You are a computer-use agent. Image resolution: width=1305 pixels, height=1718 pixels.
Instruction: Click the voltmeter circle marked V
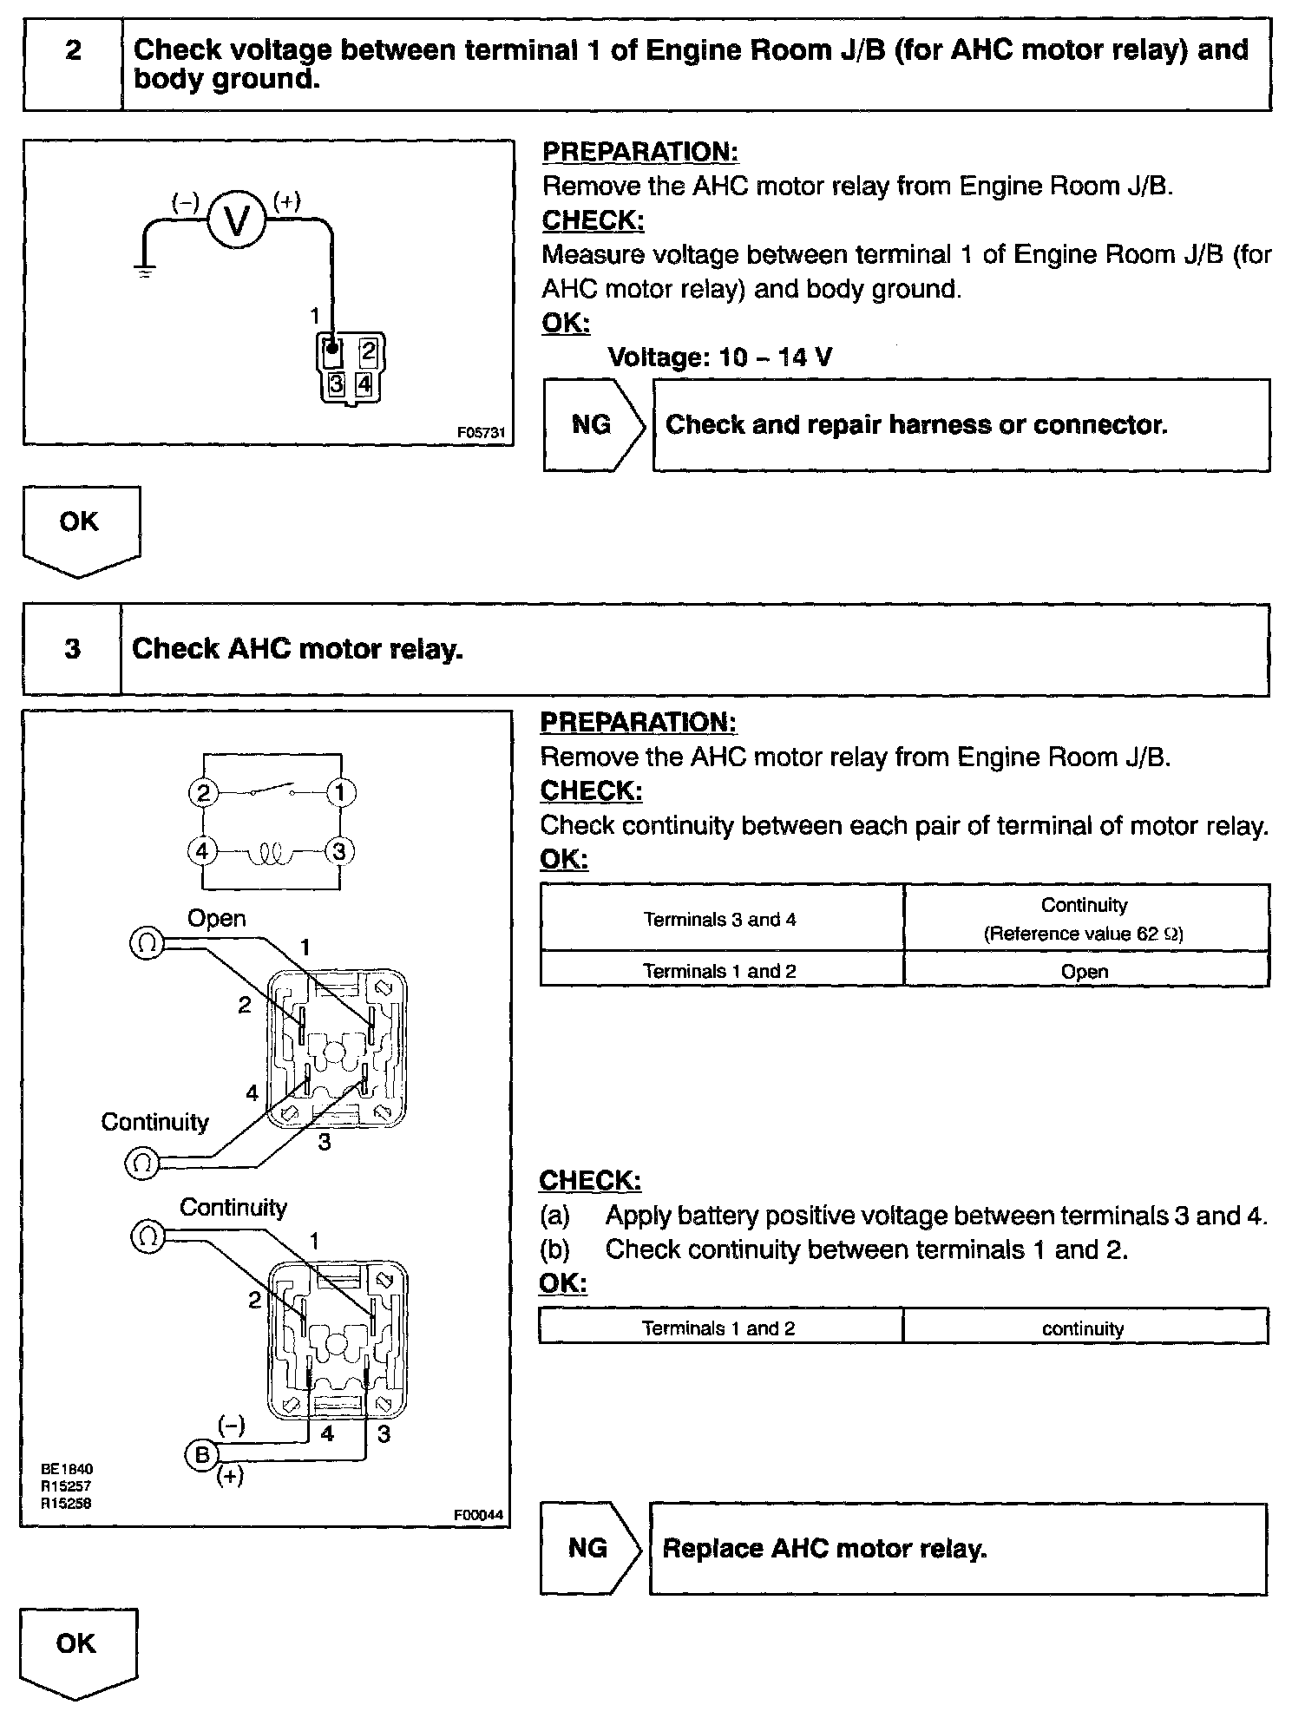(236, 221)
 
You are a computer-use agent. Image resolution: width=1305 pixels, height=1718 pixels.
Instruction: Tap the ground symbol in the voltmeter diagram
(145, 271)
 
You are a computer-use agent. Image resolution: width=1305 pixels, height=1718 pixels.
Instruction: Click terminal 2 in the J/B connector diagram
(368, 351)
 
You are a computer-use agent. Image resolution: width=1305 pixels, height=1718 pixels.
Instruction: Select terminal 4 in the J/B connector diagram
(364, 384)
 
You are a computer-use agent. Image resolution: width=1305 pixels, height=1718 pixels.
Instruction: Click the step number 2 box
(74, 64)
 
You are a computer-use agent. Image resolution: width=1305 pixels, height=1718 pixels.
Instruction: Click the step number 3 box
(73, 649)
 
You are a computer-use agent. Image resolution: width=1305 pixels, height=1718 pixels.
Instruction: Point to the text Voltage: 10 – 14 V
(719, 357)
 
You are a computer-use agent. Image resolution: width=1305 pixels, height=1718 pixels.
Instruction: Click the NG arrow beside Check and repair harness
(593, 425)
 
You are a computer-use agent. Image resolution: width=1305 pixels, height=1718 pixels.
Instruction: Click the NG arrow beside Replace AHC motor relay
(590, 1549)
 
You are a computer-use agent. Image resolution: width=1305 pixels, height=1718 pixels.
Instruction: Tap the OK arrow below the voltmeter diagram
(80, 528)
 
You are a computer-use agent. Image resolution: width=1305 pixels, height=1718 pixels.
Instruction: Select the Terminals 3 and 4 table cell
(720, 919)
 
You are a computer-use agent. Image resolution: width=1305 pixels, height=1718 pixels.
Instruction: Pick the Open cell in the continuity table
(1085, 971)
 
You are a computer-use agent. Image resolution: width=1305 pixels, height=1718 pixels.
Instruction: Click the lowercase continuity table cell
(1083, 1328)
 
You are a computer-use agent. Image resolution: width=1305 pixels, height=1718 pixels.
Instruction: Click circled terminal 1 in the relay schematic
(340, 792)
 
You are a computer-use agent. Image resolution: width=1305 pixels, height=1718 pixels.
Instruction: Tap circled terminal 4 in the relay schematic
(202, 851)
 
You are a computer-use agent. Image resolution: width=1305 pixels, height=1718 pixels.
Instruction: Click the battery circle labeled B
(202, 1454)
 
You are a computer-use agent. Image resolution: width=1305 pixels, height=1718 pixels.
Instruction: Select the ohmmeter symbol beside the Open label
(147, 943)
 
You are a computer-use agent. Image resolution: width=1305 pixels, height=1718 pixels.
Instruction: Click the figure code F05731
(481, 432)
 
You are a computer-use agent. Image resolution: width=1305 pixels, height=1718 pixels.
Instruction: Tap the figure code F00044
(478, 1515)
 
